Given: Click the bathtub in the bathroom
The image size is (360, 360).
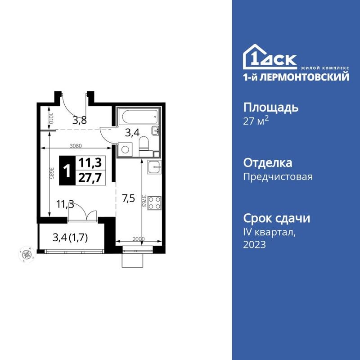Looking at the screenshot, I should coord(137,117).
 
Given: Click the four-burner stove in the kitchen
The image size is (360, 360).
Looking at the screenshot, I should coord(154,202).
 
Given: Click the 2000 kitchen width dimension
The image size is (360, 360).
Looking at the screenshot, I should coord(139,238).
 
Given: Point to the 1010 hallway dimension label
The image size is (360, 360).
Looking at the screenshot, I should coord(51,119).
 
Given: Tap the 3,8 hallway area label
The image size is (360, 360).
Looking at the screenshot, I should coord(80,121).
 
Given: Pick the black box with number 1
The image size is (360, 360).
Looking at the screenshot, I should coord(67,170).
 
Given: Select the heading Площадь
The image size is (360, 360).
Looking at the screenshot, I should coord(271,108).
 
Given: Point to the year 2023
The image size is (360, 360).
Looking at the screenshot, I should coord(255,245).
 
